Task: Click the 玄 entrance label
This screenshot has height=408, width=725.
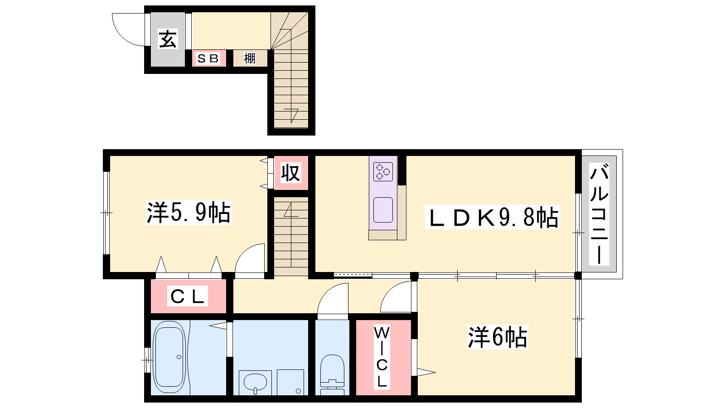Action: click(168, 39)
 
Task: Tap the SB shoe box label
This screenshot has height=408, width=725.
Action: click(208, 58)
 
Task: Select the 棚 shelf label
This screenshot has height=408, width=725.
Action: click(250, 58)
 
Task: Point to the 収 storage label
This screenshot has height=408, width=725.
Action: click(290, 173)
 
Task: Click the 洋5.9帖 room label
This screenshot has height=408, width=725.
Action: click(188, 213)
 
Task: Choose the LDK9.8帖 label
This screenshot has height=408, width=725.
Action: click(492, 217)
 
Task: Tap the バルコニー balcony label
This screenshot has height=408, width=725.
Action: click(599, 214)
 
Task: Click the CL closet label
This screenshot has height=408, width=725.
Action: click(188, 296)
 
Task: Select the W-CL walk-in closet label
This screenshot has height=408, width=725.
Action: click(382, 357)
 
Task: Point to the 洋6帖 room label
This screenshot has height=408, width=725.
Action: click(498, 337)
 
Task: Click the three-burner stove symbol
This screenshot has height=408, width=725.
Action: click(383, 172)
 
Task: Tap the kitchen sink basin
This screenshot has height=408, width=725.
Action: click(383, 210)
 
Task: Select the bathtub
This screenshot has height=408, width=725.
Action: click(169, 357)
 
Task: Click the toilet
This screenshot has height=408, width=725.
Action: click(332, 374)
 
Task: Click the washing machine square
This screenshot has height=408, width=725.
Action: click(290, 382)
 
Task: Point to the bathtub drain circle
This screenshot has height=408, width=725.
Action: click(179, 357)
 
